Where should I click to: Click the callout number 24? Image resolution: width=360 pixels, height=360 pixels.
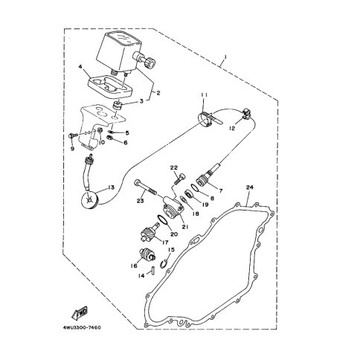point(250,187)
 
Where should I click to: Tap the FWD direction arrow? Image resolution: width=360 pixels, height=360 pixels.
point(80,312)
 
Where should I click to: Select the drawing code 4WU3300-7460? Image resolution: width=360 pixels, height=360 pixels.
point(82,327)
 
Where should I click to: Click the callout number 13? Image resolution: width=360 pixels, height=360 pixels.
point(111,187)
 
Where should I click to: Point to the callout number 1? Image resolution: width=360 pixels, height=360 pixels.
point(225,57)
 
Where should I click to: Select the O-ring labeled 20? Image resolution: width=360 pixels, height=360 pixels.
point(163,221)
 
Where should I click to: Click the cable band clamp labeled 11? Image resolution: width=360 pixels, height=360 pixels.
point(208,118)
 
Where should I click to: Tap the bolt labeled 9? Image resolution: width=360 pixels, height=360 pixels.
point(73,135)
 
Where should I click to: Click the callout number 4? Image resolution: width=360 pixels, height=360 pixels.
point(80,67)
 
